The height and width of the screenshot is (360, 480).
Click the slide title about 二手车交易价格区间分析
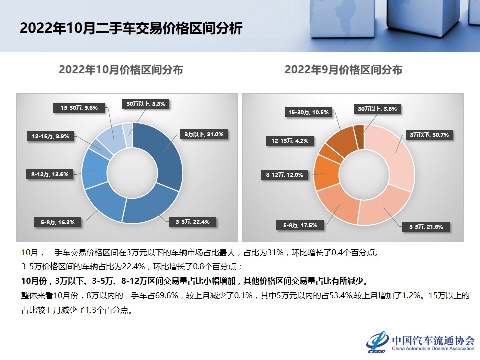pyautogui.click(x=131, y=28)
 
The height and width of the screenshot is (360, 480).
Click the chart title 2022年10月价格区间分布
pyautogui.click(x=121, y=70)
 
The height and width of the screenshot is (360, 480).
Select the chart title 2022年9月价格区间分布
pyautogui.click(x=343, y=70)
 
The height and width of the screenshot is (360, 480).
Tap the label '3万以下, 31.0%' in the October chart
pyautogui.click(x=204, y=134)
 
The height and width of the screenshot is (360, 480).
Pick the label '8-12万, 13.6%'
pyautogui.click(x=49, y=174)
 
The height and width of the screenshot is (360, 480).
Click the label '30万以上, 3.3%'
pyautogui.click(x=146, y=104)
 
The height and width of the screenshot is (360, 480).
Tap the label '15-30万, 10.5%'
pyautogui.click(x=308, y=112)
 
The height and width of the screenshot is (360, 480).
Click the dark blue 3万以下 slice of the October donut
pyautogui.click(x=165, y=150)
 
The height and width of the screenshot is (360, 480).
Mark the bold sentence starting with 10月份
pyautogui.click(x=198, y=280)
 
